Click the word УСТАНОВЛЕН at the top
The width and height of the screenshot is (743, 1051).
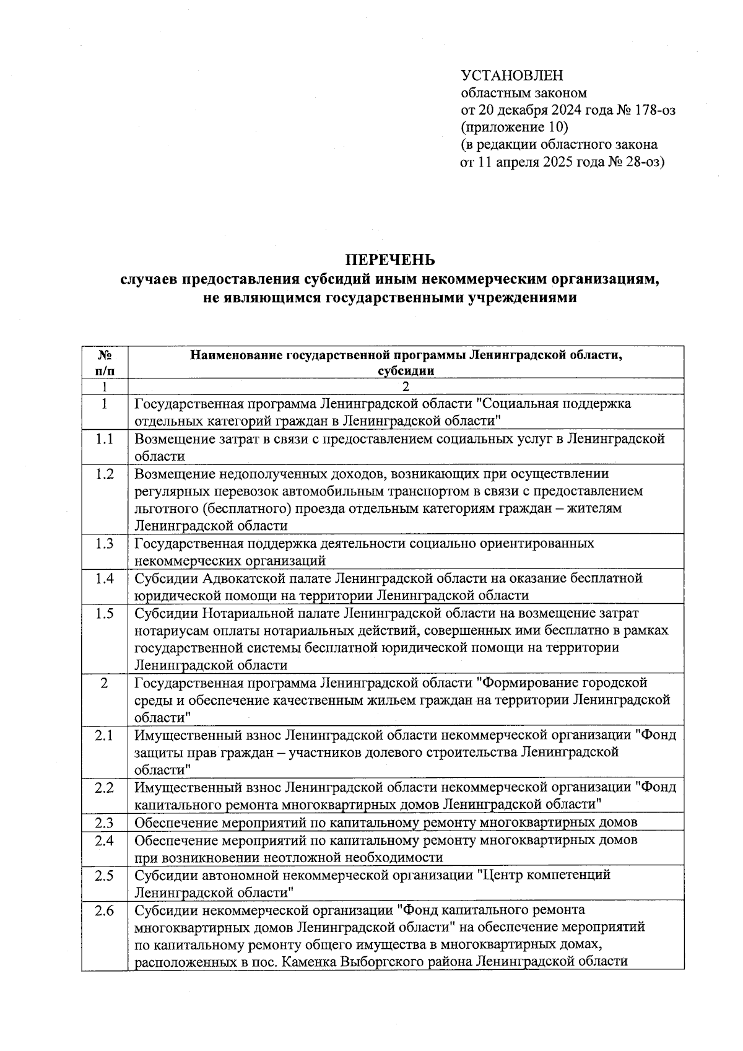512,76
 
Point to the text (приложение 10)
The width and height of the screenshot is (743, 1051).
514,128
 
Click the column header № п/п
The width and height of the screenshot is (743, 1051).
105,362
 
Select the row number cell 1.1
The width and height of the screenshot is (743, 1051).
105,439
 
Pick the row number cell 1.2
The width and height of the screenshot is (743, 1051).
105,474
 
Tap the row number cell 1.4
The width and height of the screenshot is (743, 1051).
105,578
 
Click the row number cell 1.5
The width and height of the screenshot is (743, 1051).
105,614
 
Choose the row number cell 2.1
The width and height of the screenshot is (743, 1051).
105,735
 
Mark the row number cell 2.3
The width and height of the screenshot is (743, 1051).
105,822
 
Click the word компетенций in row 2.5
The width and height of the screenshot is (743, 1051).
571,875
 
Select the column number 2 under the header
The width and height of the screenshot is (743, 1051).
406,387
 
